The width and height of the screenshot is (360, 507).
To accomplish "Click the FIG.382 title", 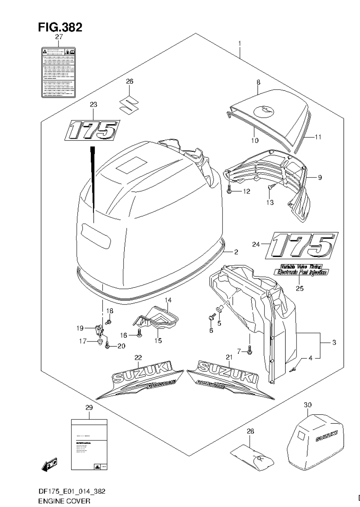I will tap(60, 27).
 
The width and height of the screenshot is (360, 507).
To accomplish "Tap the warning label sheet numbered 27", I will tap(59, 72).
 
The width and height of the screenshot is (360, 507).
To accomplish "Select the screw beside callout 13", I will tap(270, 188).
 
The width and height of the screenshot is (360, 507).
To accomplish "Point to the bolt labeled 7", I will tap(249, 352).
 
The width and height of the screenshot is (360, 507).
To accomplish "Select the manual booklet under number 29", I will tap(89, 444).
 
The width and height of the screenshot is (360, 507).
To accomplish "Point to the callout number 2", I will tap(236, 252).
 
